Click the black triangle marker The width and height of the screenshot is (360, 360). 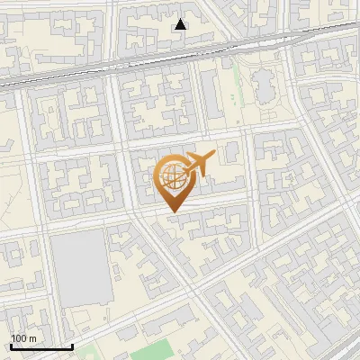(181, 24)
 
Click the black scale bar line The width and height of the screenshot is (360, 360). (40, 347)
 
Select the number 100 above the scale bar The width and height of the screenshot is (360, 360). (19, 338)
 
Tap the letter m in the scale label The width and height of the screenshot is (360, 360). (32, 338)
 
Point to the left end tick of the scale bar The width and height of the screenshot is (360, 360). (10, 345)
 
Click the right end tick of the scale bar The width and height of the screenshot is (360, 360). (72, 345)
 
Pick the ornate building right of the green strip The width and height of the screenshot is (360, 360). (266, 86)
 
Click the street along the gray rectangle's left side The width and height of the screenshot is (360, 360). (44, 270)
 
